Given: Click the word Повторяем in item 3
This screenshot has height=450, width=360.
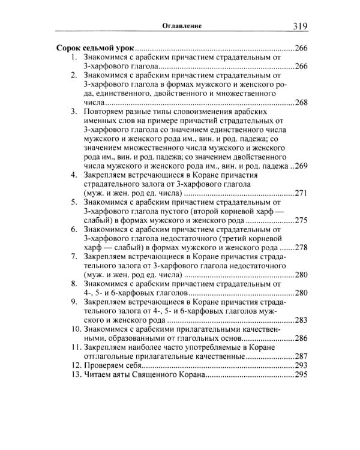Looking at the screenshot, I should (x=106, y=112).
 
